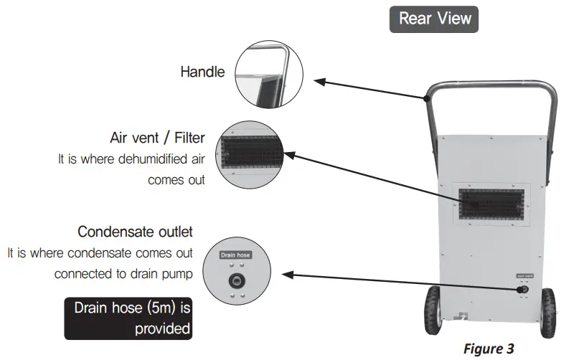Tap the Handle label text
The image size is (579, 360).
pos(202,72)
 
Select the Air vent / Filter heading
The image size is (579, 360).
pos(157,138)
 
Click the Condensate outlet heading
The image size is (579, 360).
pos(135,232)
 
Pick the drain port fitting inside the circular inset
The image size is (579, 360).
pos(235,280)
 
